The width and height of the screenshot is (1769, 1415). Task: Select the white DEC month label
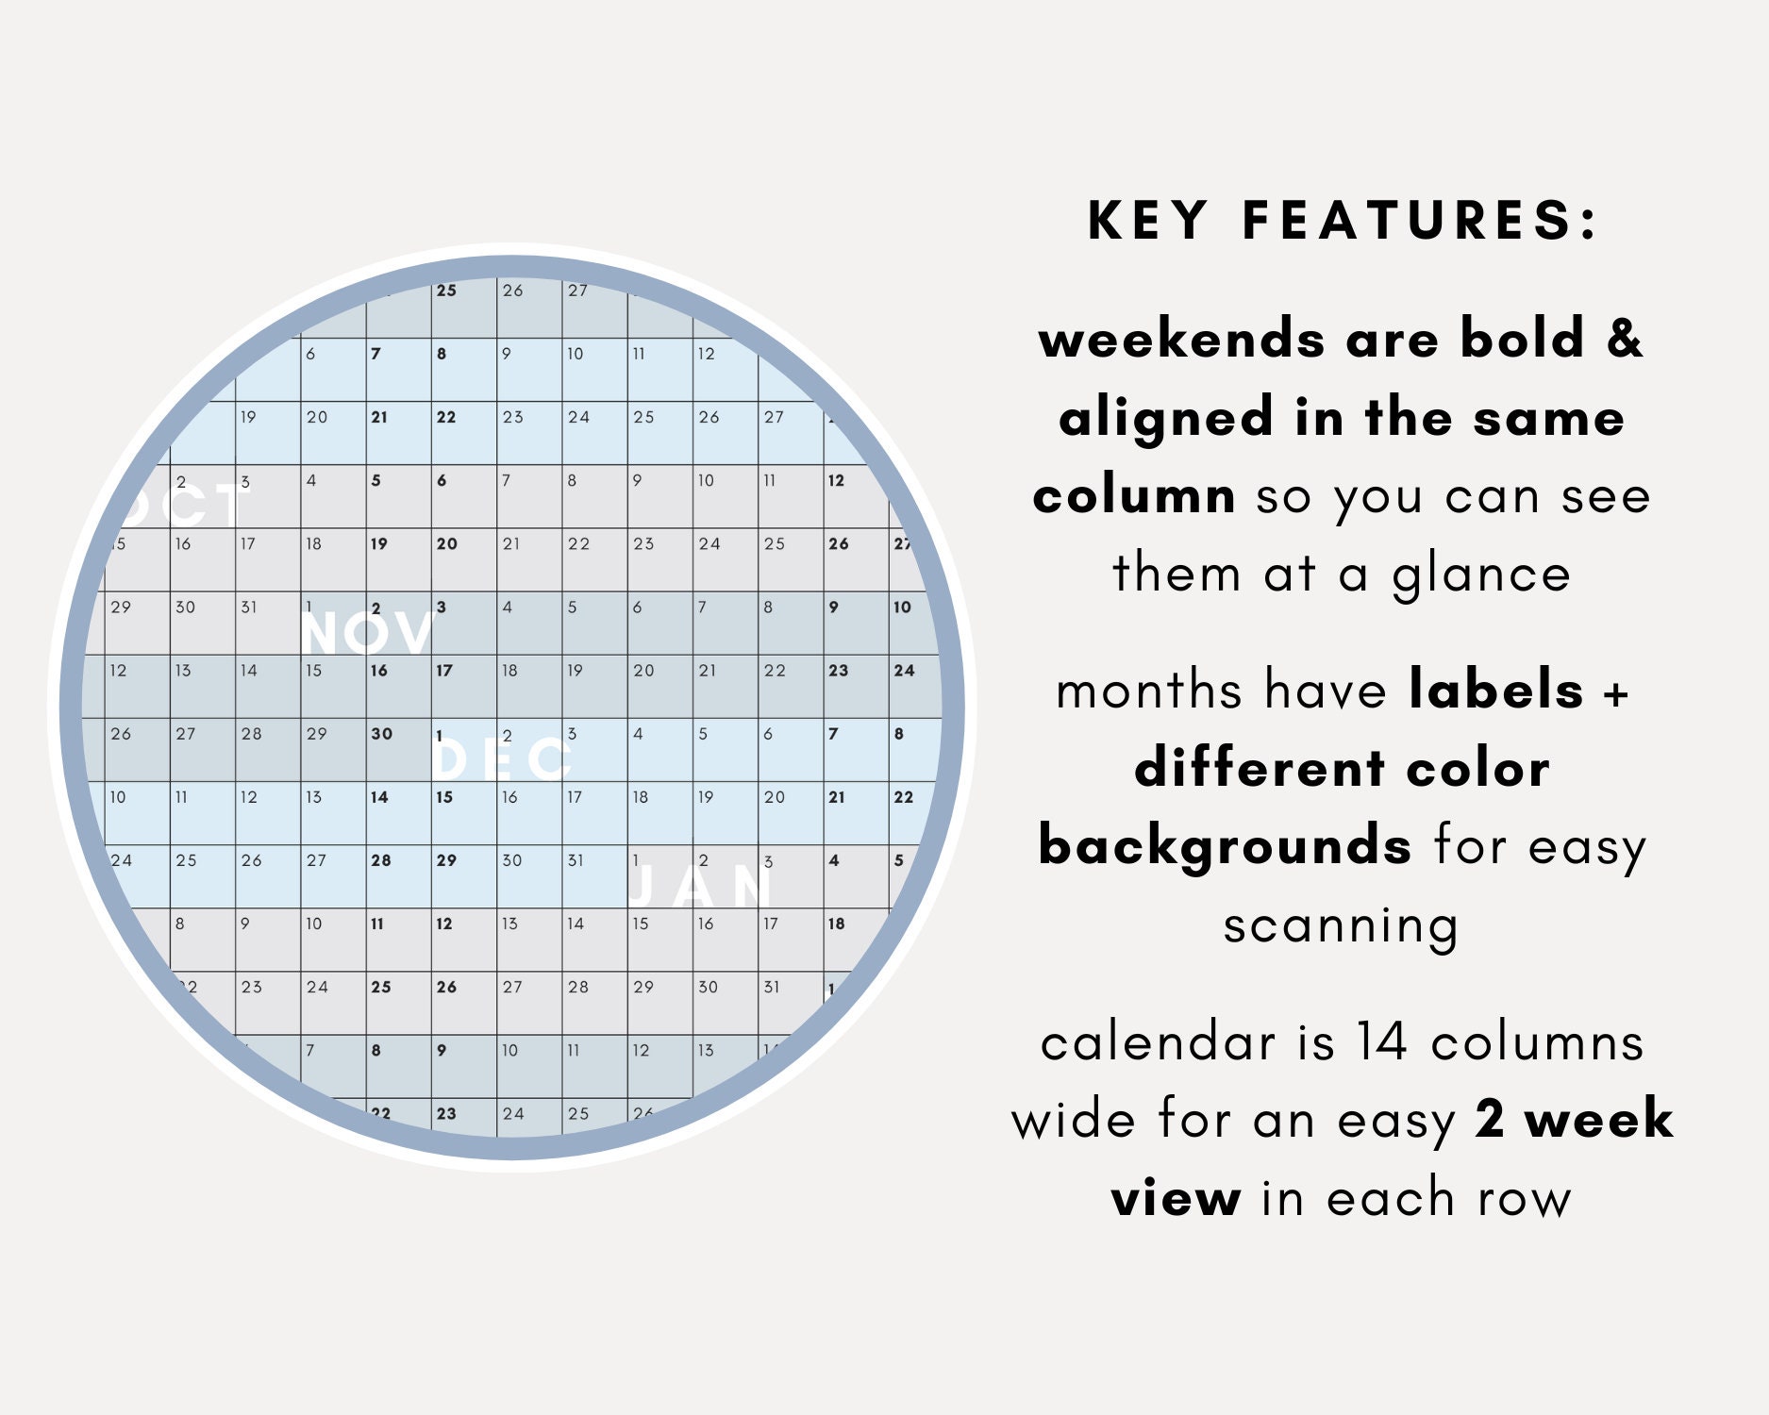502,759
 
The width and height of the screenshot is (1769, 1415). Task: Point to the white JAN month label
700,887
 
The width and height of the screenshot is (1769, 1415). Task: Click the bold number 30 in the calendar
381,734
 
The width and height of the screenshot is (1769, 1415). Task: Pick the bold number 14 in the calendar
379,797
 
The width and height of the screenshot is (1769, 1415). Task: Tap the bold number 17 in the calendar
444,671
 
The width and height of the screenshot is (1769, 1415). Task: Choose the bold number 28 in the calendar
381,860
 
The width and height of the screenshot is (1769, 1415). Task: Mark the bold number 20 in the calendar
446,544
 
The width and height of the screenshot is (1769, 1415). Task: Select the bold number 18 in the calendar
836,924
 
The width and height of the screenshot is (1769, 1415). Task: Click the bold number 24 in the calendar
904,671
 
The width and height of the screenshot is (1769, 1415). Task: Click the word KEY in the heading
1147,221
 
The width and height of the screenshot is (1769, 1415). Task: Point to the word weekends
1180,340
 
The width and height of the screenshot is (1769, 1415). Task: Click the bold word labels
1495,691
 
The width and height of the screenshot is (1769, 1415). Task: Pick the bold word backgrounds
1225,846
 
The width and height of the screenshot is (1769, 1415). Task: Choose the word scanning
1341,925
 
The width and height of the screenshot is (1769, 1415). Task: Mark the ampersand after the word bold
1625,340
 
